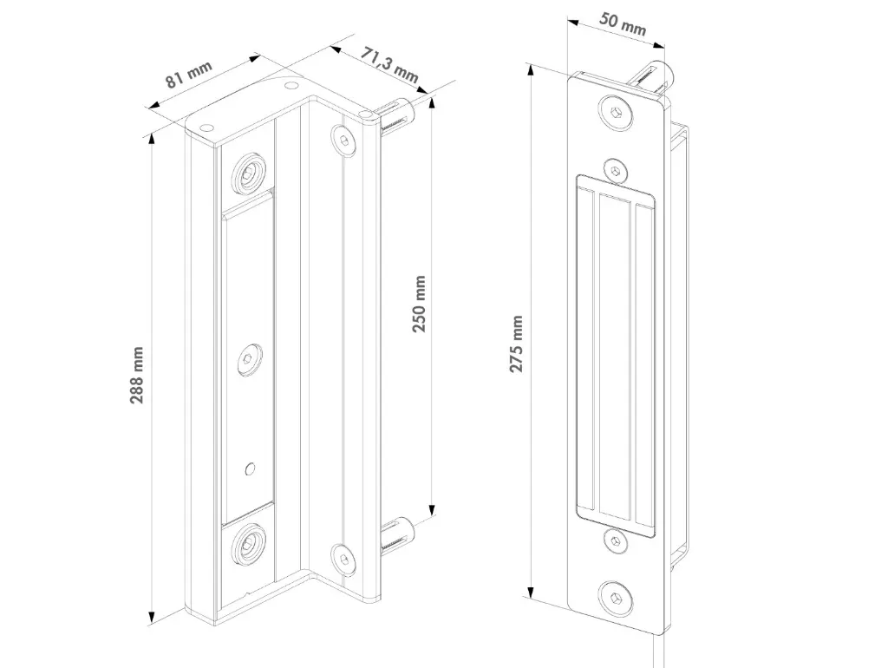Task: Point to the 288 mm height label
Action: [137, 375]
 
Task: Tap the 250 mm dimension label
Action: [419, 306]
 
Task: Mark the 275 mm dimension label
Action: [517, 344]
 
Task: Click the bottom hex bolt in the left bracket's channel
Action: [248, 545]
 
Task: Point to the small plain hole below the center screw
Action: [250, 468]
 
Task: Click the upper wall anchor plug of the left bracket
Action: [397, 114]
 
